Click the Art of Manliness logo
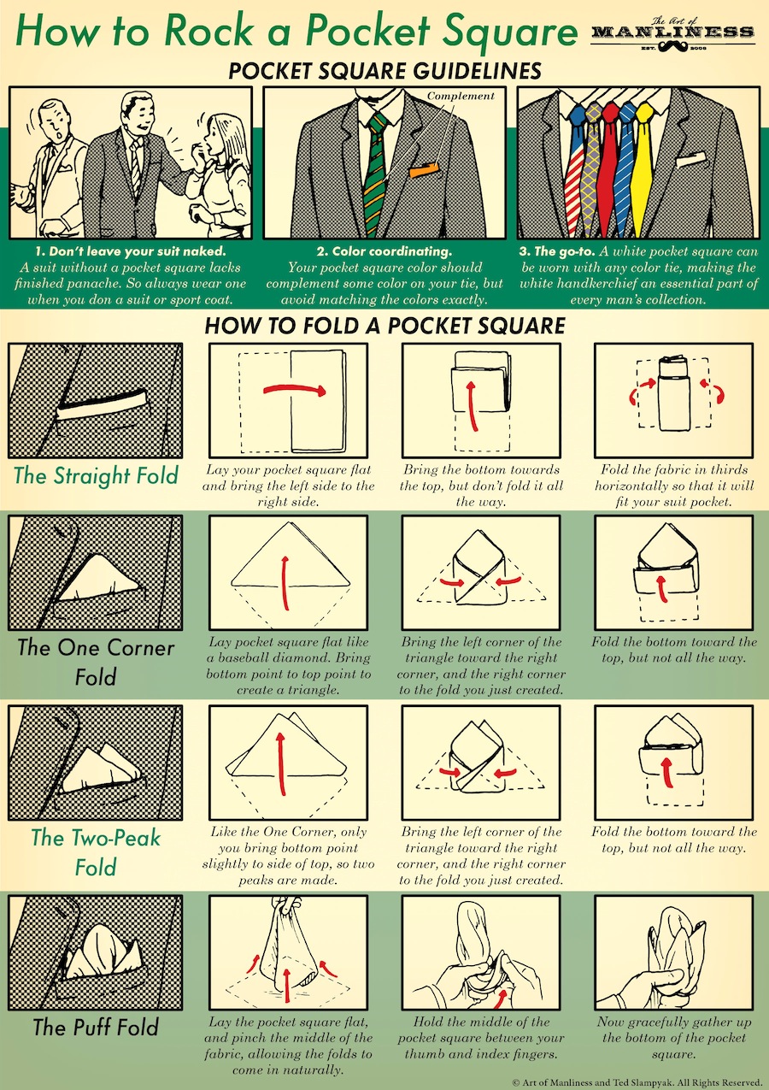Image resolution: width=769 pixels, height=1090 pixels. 672,32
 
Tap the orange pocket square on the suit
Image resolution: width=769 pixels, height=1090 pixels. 423,173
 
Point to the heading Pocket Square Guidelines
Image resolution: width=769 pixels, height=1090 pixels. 384,70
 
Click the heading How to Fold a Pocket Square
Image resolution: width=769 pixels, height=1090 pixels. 384,326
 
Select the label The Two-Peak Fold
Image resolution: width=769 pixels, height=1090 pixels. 95,851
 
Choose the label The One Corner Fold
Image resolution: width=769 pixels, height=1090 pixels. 95,662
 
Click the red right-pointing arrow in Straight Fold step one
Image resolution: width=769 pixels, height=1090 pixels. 295,390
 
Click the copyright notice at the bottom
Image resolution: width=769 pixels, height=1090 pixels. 636,1081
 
